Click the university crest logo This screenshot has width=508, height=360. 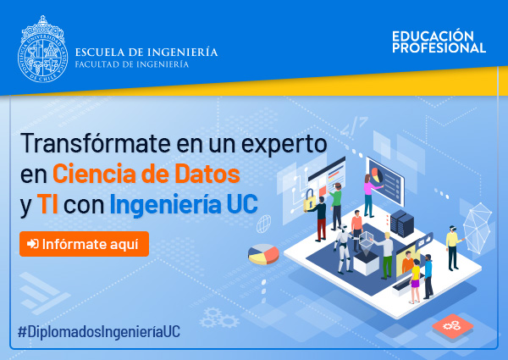[42, 49]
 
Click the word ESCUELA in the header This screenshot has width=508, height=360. [99, 53]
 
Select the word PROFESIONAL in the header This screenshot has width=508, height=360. [439, 48]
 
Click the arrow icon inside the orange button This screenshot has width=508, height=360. [33, 244]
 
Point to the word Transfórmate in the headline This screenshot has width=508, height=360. [95, 143]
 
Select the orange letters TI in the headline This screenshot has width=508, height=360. [47, 204]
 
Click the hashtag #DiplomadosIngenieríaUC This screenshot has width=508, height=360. [99, 331]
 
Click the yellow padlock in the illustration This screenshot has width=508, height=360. [309, 199]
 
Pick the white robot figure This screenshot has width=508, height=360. [343, 249]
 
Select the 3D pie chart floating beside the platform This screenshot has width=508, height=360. [263, 254]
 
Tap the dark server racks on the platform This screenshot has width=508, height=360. [402, 223]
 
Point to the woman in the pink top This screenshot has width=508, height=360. [369, 196]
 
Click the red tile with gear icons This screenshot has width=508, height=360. [452, 326]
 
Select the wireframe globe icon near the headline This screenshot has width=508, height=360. [263, 224]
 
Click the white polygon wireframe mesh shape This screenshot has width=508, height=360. [478, 228]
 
